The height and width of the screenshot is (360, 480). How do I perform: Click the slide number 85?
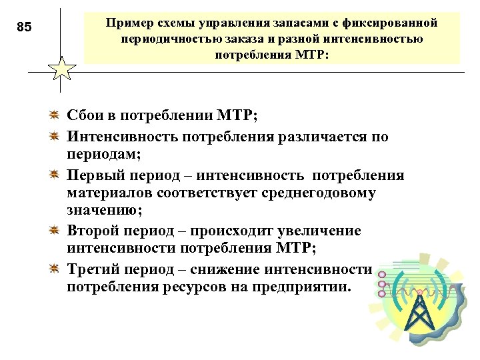[x=24, y=27]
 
